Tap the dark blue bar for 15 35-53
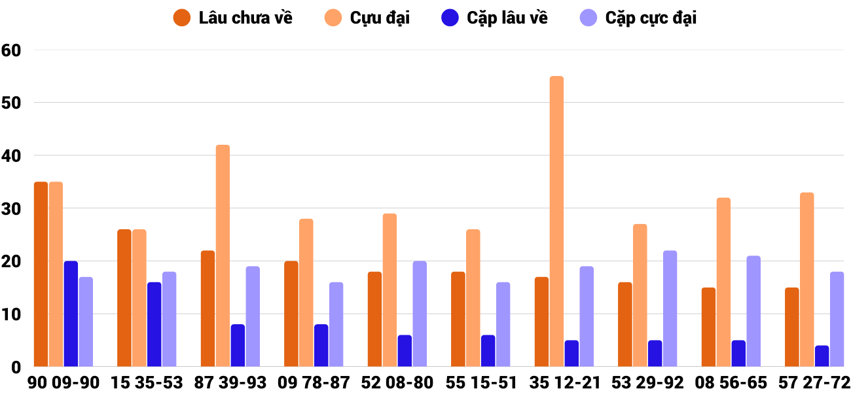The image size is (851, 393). (x=154, y=324)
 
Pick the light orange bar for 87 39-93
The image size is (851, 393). (x=223, y=255)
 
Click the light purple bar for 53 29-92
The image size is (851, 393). (x=670, y=309)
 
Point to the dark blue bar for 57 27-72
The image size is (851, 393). (x=822, y=356)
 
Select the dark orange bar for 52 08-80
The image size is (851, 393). (x=374, y=319)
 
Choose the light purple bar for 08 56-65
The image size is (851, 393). (x=753, y=311)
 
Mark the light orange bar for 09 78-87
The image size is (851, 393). (x=306, y=293)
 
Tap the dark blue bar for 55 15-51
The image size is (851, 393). (x=488, y=350)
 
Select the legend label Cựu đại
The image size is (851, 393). (x=380, y=18)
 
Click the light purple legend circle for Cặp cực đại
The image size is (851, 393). (x=589, y=18)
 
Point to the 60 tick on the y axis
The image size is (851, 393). (x=12, y=50)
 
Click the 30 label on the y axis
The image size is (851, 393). (x=12, y=208)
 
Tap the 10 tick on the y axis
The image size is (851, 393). (x=12, y=314)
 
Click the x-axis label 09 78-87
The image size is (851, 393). (x=314, y=383)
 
